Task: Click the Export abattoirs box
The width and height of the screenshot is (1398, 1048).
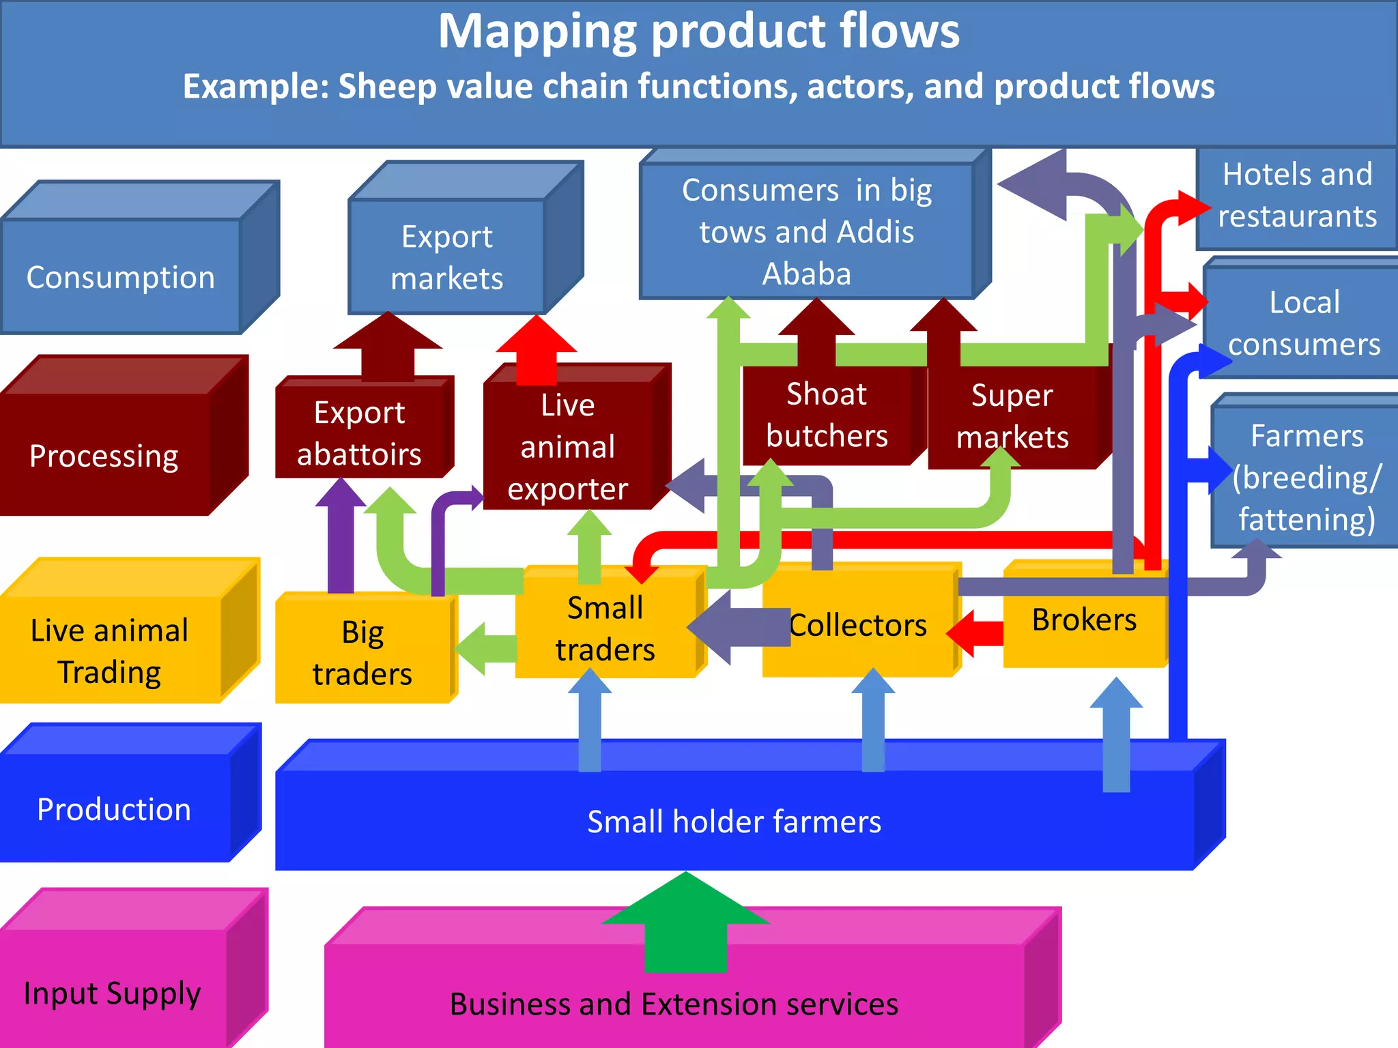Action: pyautogui.click(x=360, y=433)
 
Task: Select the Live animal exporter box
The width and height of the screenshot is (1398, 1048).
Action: pyautogui.click(x=567, y=447)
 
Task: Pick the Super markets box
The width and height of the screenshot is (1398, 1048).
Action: pyautogui.click(x=1012, y=417)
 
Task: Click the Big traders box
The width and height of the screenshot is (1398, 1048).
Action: pyautogui.click(x=362, y=653)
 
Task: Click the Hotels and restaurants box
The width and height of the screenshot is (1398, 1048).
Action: pyautogui.click(x=1297, y=196)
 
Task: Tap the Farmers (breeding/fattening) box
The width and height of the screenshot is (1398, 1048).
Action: pyautogui.click(x=1306, y=478)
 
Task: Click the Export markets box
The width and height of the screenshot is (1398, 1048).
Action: pyautogui.click(x=447, y=258)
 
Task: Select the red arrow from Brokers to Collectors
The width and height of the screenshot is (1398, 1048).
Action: pyautogui.click(x=976, y=633)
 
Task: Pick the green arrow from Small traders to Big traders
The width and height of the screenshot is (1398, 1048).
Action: pyautogui.click(x=486, y=649)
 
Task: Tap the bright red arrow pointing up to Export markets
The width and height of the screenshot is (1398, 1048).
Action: pyautogui.click(x=537, y=348)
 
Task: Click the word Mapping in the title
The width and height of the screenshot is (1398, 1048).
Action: pyautogui.click(x=537, y=33)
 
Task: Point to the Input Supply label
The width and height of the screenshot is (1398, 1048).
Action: pyautogui.click(x=112, y=993)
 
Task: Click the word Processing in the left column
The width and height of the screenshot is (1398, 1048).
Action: pyautogui.click(x=104, y=456)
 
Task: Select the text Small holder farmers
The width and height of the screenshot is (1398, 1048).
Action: pyautogui.click(x=734, y=822)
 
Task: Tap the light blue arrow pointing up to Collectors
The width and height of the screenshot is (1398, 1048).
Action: pyautogui.click(x=873, y=720)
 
